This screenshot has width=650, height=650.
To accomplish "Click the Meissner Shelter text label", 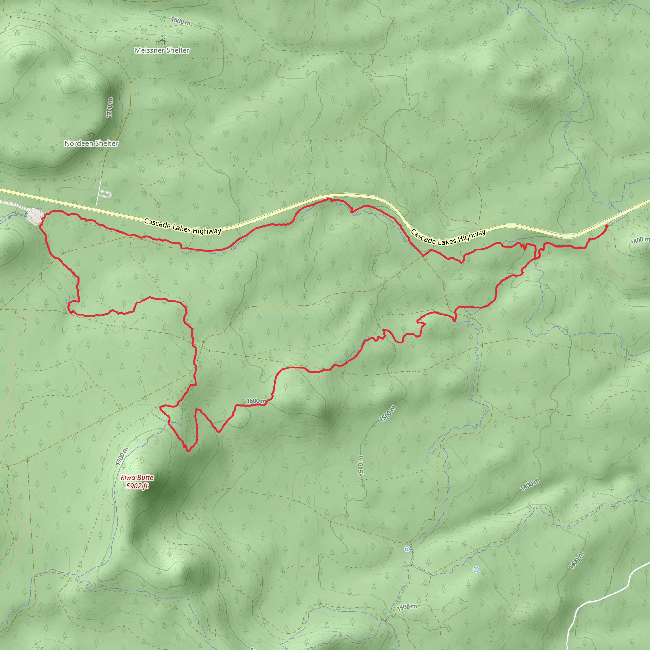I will [162, 50].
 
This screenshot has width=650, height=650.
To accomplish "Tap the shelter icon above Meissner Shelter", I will [162, 41].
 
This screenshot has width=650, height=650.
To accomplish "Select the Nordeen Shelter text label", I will [91, 144].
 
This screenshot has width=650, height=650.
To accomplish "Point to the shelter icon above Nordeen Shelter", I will [91, 135].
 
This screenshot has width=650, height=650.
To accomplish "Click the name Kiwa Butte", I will [137, 477].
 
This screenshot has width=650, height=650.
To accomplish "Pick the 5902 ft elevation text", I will [137, 486].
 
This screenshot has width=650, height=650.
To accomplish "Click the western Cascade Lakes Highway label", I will [183, 226].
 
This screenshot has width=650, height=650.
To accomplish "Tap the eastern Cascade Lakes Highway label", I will [448, 237].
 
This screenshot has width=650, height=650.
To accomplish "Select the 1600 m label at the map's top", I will [181, 21].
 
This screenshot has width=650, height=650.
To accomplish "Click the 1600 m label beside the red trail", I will [257, 401].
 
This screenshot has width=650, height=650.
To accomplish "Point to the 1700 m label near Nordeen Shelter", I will [110, 108].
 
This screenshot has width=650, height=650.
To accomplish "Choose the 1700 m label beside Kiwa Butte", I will [122, 456].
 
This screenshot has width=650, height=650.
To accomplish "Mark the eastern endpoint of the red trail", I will [607, 226].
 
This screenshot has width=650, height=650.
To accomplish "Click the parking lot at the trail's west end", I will [35, 215].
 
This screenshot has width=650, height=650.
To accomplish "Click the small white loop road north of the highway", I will [106, 194].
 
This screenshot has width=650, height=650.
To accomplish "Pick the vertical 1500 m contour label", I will [361, 466].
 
